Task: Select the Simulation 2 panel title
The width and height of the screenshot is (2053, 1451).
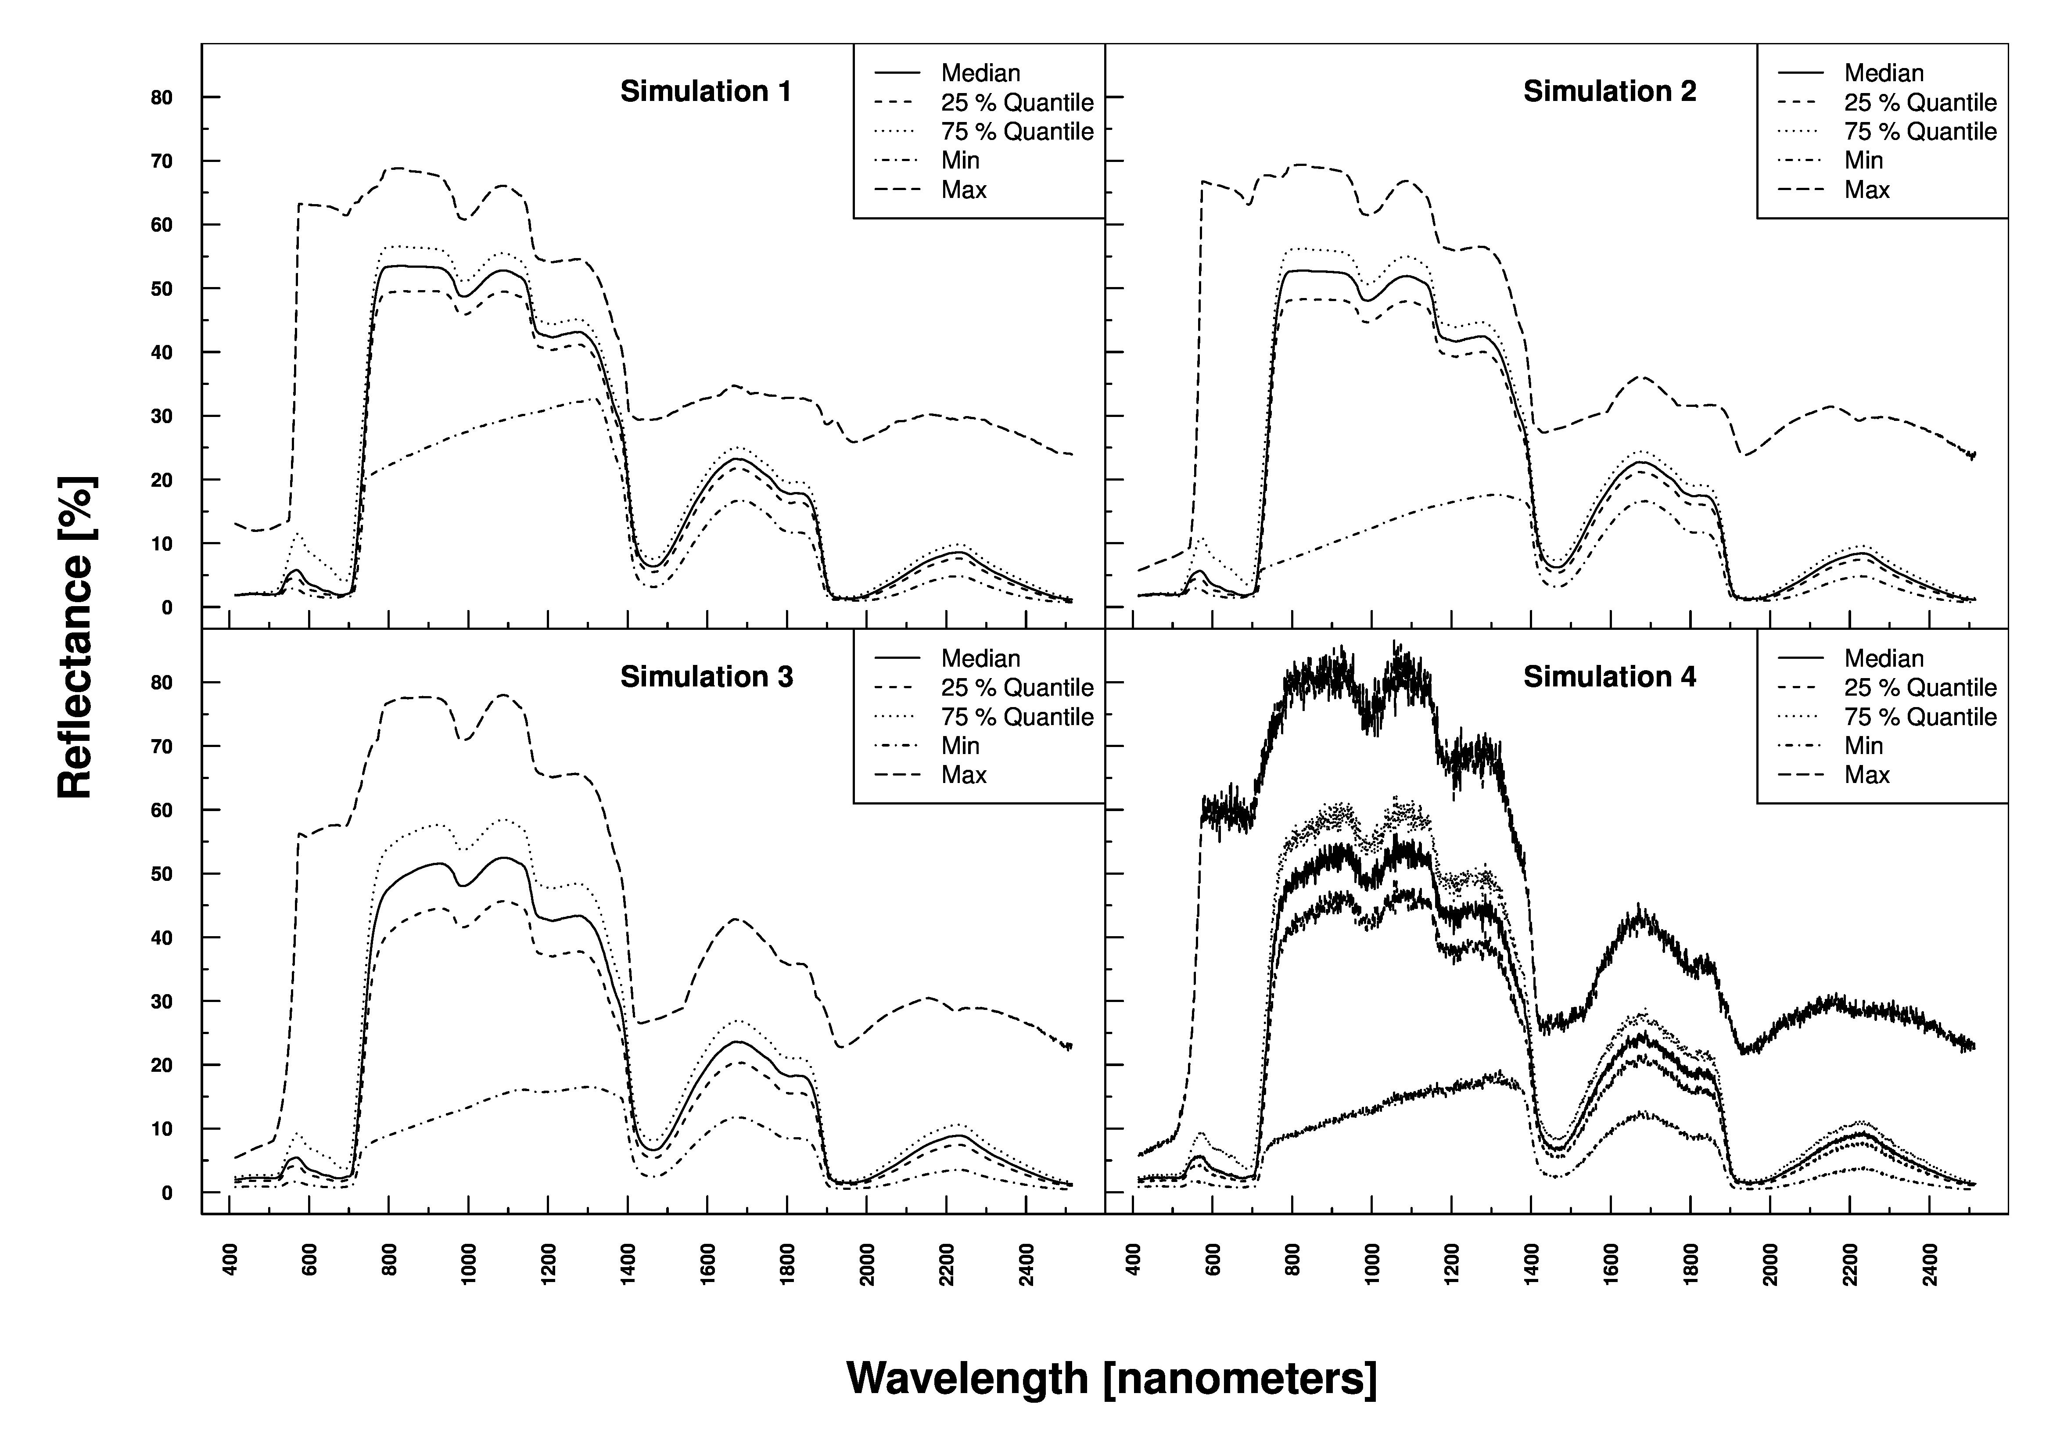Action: pyautogui.click(x=1609, y=91)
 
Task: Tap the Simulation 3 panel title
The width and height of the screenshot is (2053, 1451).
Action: pyautogui.click(x=707, y=677)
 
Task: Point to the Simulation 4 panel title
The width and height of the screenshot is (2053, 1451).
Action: pyautogui.click(x=1609, y=677)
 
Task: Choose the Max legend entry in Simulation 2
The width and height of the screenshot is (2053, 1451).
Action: pyautogui.click(x=1867, y=190)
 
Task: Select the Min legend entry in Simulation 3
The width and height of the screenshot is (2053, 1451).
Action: pyautogui.click(x=960, y=746)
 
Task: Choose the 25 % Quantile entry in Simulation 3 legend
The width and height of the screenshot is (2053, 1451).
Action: pyautogui.click(x=1017, y=687)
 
